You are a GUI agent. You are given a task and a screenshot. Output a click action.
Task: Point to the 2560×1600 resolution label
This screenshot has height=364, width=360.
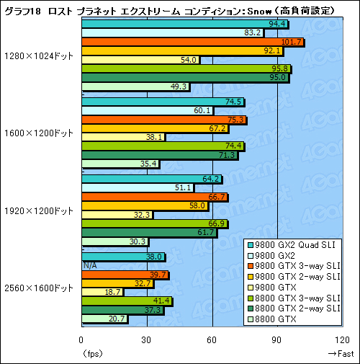(37, 288)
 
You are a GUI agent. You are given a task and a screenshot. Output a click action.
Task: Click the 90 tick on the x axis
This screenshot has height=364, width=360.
(277, 340)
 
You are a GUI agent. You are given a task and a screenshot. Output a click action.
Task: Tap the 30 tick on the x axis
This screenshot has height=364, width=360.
(147, 340)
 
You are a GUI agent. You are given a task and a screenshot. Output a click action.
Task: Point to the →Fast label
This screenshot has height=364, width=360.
(339, 353)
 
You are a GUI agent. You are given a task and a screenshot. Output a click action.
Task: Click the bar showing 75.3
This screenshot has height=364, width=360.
(164, 120)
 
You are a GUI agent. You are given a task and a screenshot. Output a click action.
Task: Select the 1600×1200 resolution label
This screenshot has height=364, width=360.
(37, 133)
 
